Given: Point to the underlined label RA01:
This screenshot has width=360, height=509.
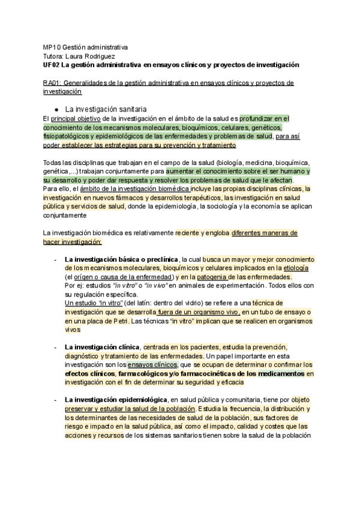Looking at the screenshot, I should tap(52, 83).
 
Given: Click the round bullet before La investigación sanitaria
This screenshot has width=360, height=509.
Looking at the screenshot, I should tap(56, 110).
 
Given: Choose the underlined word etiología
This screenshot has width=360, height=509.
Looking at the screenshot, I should tap(296, 268).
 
